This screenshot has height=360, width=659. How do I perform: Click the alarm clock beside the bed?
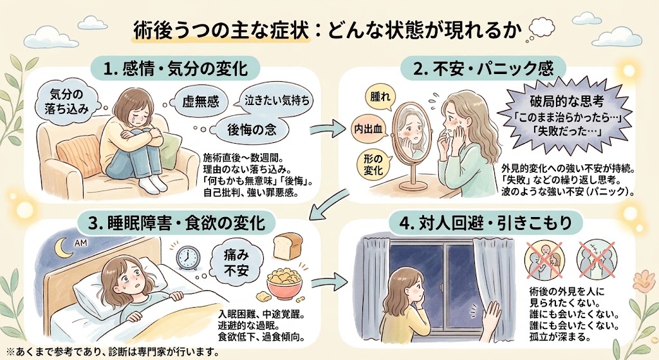coord(187,258)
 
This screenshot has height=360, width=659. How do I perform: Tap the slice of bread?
coord(289,247)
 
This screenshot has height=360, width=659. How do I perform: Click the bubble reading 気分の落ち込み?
coord(67,101)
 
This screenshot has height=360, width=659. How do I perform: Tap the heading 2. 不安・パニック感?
coord(483,68)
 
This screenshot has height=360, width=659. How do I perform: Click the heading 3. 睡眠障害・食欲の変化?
coord(178,223)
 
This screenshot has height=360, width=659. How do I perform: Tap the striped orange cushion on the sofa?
coord(79,154)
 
